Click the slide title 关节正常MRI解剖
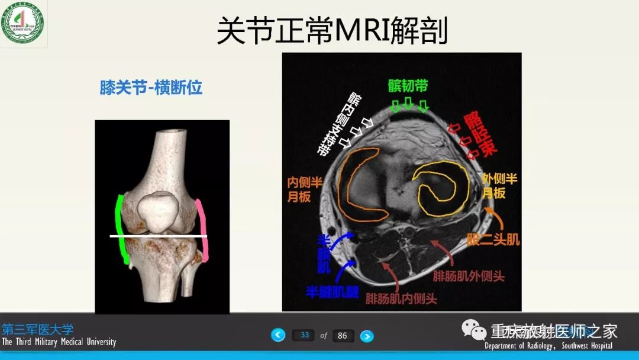pyautogui.click(x=332, y=30)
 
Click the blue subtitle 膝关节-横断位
pyautogui.click(x=151, y=88)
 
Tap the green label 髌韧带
pyautogui.click(x=408, y=86)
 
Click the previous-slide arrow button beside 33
pyautogui.click(x=278, y=335)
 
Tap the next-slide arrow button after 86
pyautogui.click(x=367, y=336)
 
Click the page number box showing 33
pyautogui.click(x=304, y=335)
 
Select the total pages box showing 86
pyautogui.click(x=343, y=336)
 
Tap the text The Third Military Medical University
pyautogui.click(x=59, y=342)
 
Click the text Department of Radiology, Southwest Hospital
pyautogui.click(x=548, y=346)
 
